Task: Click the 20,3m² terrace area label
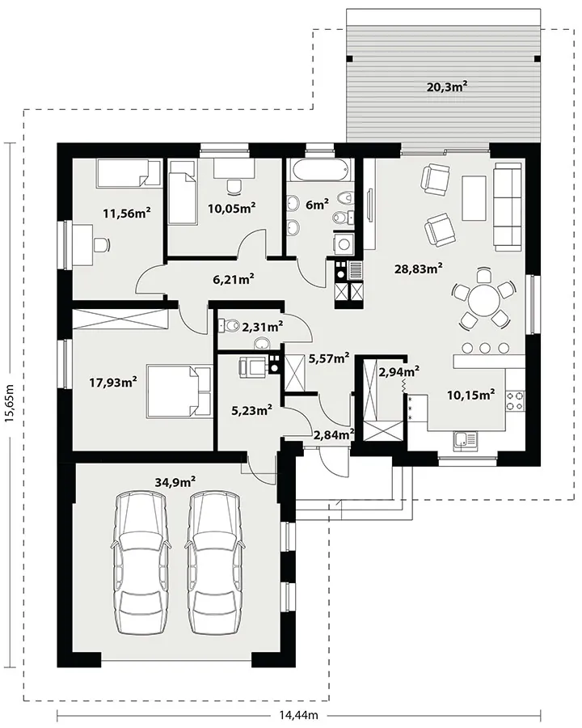(446, 87)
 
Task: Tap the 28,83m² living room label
(418, 268)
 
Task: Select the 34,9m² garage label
(175, 482)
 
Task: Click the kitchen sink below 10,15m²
(465, 440)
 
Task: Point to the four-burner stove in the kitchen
(516, 401)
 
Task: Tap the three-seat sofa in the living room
(509, 207)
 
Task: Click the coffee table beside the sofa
(474, 198)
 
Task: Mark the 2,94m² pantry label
(399, 371)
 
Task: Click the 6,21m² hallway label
(233, 279)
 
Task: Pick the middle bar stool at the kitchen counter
(486, 348)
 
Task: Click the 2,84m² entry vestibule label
(334, 435)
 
